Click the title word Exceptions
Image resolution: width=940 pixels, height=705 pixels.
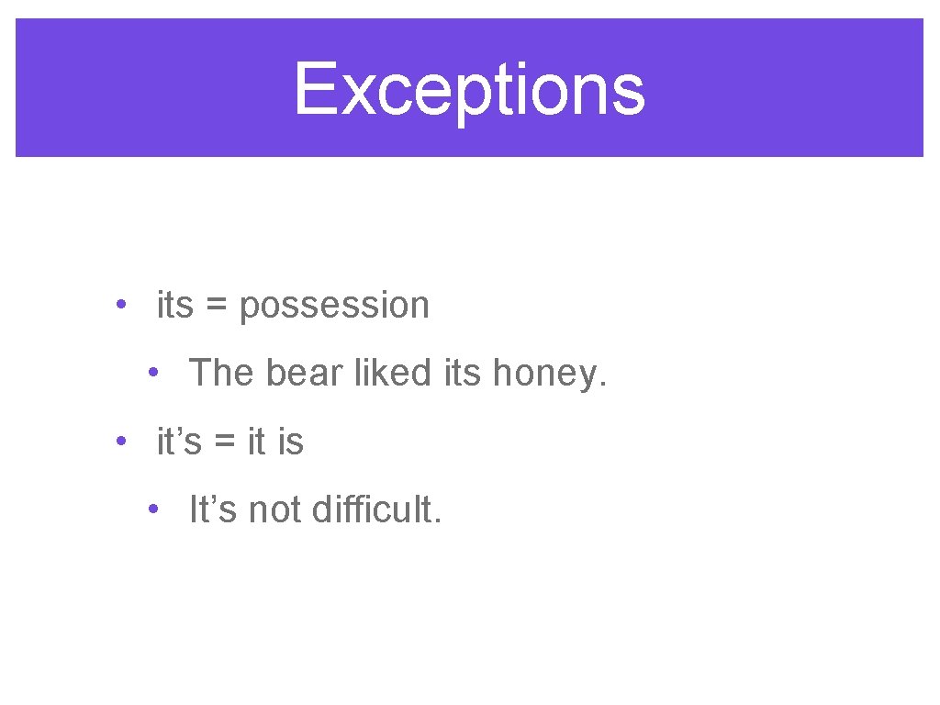[x=469, y=90]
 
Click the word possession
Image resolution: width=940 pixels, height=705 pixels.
[x=334, y=306]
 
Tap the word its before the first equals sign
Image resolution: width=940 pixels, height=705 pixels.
[x=175, y=306]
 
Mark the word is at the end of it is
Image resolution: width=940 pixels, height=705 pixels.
[x=290, y=442]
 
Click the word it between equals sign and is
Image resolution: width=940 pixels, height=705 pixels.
[x=257, y=442]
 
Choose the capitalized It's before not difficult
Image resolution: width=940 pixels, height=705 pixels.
[x=214, y=509]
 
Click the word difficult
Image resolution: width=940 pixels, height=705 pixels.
[x=376, y=509]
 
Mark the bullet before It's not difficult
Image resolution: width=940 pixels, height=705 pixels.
[x=158, y=509]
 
